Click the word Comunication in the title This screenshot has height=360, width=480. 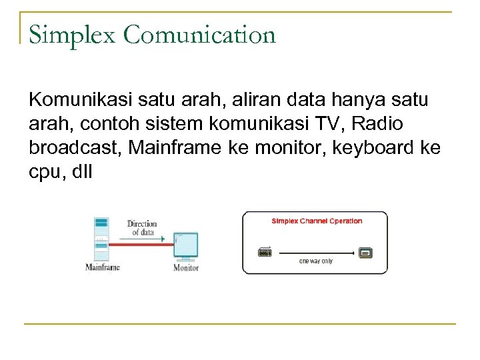tap(199, 35)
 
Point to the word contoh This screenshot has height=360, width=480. tap(104, 124)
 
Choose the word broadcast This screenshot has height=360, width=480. tap(75, 147)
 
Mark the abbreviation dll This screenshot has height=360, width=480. tap(81, 171)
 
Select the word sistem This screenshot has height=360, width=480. tap(159, 124)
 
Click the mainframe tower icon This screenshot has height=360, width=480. tap(101, 239)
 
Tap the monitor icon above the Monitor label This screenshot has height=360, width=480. tap(186, 246)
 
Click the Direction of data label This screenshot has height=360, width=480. tap(141, 228)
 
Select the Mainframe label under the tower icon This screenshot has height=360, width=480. tap(103, 267)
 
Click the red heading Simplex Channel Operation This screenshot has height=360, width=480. tap(317, 221)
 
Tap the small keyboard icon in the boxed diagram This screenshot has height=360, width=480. tap(265, 253)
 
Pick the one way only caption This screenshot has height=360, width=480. tap(315, 261)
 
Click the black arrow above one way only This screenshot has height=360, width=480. tap(315, 253)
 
